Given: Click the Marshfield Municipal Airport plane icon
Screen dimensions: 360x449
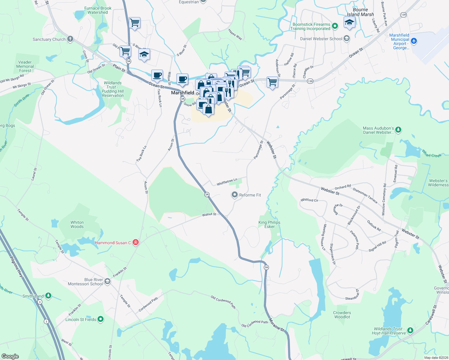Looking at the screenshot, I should [414, 41].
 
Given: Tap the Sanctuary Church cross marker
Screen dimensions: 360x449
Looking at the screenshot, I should [70, 39].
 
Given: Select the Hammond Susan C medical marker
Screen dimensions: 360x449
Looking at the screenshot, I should [135, 242].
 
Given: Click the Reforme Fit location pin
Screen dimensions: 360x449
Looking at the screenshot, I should [234, 195].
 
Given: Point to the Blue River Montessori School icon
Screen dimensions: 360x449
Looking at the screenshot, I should [107, 281].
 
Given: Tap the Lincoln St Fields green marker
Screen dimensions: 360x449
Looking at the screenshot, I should [101, 319].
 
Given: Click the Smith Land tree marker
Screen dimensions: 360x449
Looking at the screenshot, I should [48, 296].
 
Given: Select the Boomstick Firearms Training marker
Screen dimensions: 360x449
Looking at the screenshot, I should [335, 26].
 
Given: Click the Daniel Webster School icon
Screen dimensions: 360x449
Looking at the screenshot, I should [347, 39].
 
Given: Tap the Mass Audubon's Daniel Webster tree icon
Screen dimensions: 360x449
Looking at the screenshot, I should [398, 130].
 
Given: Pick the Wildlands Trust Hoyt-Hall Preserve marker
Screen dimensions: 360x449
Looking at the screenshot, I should [410, 331].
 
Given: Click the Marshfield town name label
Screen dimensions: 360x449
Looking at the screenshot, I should [182, 93].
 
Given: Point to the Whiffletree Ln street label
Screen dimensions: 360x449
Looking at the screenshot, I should [227, 182].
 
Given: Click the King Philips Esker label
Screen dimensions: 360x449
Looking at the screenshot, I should [269, 224].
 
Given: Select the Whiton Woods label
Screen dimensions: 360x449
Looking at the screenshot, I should [77, 224].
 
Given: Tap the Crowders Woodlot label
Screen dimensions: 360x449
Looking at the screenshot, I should [342, 315].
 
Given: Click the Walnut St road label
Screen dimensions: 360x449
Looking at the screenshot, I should [209, 214].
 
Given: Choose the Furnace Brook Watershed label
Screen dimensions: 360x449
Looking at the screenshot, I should [98, 10].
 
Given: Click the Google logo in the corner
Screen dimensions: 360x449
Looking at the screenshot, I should [10, 356].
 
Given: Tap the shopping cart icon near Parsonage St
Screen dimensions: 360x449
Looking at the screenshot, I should [272, 82].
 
